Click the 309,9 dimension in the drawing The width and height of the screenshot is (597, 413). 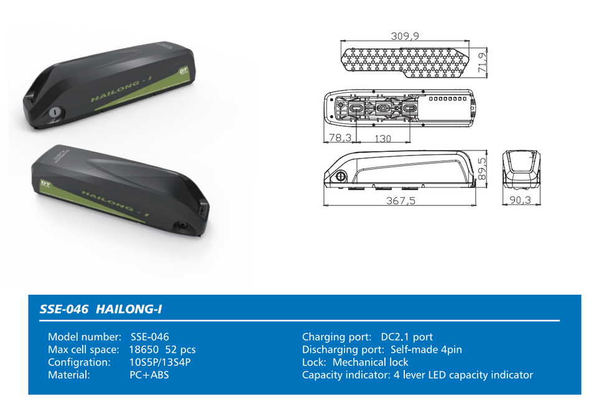405,36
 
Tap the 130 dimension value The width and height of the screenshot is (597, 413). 382,138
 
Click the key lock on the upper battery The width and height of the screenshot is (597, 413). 55,113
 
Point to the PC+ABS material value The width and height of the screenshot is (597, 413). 149,375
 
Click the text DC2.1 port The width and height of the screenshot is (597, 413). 407,337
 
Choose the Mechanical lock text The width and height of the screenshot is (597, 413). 371,362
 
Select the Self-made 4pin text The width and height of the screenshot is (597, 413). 427,350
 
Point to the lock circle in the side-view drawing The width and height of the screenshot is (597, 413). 340,176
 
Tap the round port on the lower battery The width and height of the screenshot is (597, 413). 182,225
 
